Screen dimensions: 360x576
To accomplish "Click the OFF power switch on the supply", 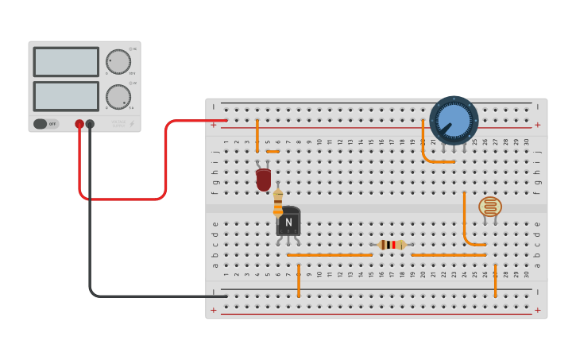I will click(x=46, y=124).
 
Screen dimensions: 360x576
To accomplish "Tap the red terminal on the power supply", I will click(x=79, y=124).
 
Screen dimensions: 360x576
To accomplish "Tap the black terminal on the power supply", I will click(x=90, y=124).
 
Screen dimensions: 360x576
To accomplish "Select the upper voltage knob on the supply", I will click(x=118, y=62).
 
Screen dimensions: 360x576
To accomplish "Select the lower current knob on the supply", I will click(x=118, y=97).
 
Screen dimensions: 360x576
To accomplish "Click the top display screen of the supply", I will click(x=66, y=62).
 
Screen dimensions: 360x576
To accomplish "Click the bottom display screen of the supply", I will click(x=66, y=96).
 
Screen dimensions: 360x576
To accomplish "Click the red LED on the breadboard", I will click(x=263, y=180).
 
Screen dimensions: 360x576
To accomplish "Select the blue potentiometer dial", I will click(x=454, y=119).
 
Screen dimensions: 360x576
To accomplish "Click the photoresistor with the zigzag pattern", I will click(x=490, y=207).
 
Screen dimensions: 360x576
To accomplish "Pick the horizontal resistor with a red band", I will click(x=392, y=245).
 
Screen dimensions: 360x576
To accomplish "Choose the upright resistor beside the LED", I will click(x=278, y=202).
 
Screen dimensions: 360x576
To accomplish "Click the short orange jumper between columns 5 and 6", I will click(x=273, y=151).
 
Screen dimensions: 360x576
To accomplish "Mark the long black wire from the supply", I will click(x=91, y=238).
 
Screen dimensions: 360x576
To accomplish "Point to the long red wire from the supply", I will click(x=165, y=159).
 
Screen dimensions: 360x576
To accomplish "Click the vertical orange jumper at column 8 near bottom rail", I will click(x=299, y=281).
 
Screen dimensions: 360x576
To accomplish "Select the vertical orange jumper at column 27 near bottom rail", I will click(x=495, y=281).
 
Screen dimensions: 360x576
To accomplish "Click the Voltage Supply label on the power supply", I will click(x=118, y=124).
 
